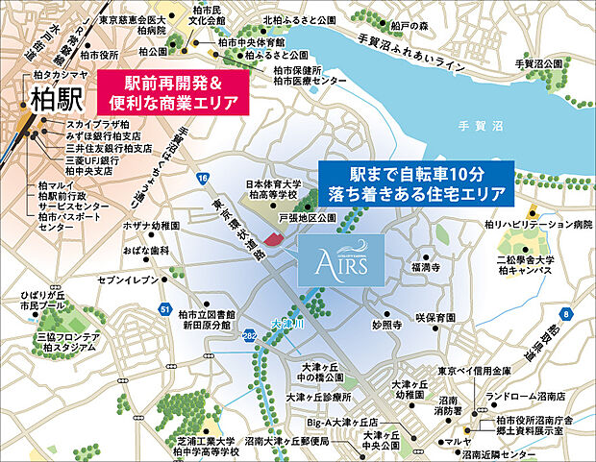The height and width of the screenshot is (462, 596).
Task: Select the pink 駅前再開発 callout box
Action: [x=169, y=92]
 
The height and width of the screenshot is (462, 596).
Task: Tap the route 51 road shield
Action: [x=166, y=308]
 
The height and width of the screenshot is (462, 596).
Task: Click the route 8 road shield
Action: [x=566, y=313]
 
